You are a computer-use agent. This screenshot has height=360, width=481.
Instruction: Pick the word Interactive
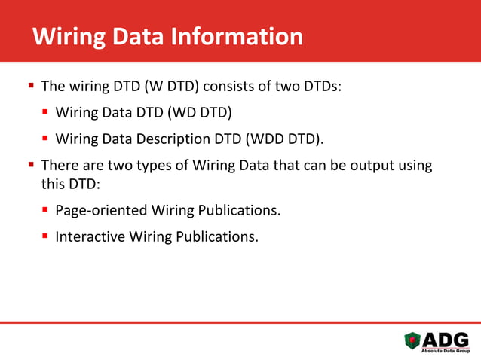pyautogui.click(x=87, y=236)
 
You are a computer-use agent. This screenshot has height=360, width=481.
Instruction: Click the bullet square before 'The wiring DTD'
pyautogui.click(x=31, y=86)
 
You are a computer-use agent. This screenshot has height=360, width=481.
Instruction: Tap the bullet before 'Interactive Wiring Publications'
pyautogui.click(x=45, y=236)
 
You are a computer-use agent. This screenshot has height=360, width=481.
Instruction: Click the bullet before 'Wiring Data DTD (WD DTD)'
pyautogui.click(x=45, y=113)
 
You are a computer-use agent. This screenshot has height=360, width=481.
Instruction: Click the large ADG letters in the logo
pyautogui.click(x=446, y=340)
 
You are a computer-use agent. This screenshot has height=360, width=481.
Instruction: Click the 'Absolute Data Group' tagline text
pyautogui.click(x=446, y=352)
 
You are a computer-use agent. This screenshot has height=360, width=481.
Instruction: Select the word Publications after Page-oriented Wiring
pyautogui.click(x=240, y=209)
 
